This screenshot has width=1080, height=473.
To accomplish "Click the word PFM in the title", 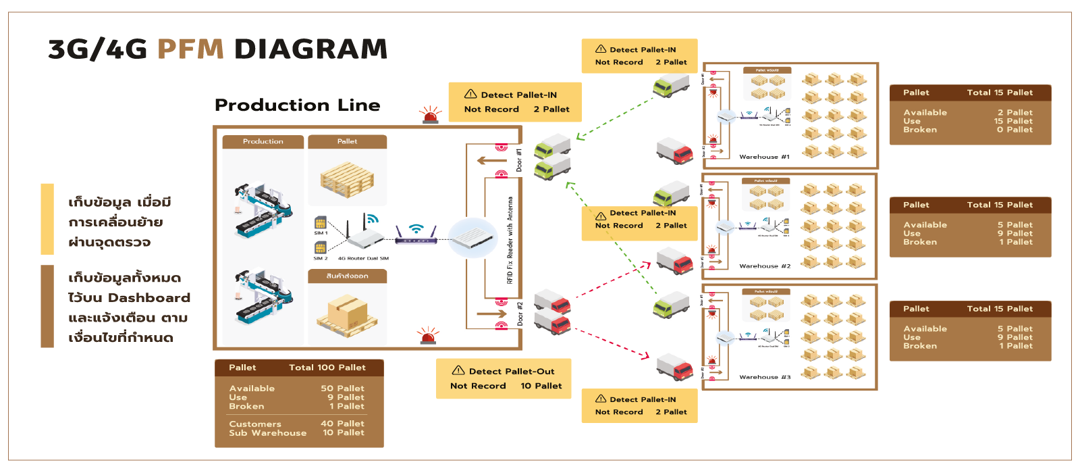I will pyautogui.click(x=190, y=49).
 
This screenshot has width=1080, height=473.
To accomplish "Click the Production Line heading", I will pyautogui.click(x=297, y=105).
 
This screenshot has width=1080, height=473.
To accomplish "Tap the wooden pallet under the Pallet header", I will pyautogui.click(x=347, y=178).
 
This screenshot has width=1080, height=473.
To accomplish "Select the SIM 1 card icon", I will pyautogui.click(x=321, y=223).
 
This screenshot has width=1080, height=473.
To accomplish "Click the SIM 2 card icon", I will pyautogui.click(x=320, y=248).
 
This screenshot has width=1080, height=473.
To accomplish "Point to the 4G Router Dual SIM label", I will pyautogui.click(x=363, y=258).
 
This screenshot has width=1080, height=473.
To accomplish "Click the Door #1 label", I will pyautogui.click(x=519, y=160).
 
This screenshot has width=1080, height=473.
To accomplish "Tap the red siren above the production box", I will pyautogui.click(x=430, y=115).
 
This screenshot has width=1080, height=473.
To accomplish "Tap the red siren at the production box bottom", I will pyautogui.click(x=427, y=336).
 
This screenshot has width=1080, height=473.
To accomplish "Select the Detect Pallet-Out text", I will pyautogui.click(x=512, y=372).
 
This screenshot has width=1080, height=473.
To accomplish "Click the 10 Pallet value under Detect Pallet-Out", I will pyautogui.click(x=541, y=386).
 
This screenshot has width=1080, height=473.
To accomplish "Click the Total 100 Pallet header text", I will pyautogui.click(x=327, y=368).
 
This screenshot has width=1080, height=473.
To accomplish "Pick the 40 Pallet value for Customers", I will pyautogui.click(x=342, y=424).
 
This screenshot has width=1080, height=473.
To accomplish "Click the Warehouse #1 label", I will pyautogui.click(x=764, y=157).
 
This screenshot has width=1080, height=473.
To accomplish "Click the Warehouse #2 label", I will pyautogui.click(x=765, y=266).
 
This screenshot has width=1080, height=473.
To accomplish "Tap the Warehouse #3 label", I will pyautogui.click(x=765, y=377).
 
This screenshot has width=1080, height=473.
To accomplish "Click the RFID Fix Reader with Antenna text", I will pyautogui.click(x=510, y=240).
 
